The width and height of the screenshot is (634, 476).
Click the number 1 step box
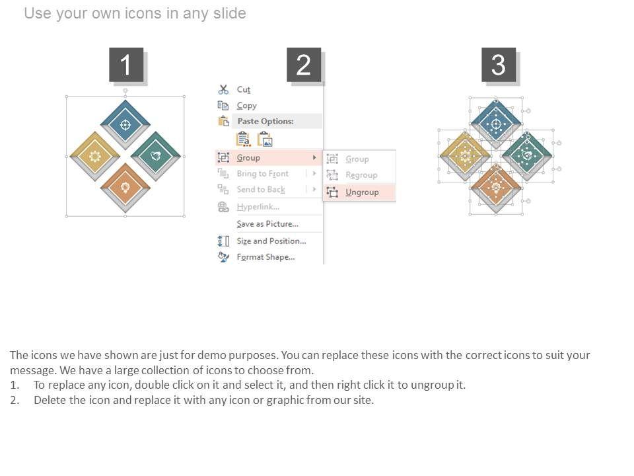[x=126, y=65]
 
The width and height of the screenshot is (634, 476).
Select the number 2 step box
[x=304, y=65]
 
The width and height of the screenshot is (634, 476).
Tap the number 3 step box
[x=499, y=65]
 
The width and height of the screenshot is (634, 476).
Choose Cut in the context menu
[x=244, y=89]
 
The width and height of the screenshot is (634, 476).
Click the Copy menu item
[x=246, y=106]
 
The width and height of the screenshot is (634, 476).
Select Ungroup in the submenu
[x=362, y=192]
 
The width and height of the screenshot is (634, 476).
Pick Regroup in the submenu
[x=361, y=175]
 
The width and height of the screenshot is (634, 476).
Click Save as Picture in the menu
[x=267, y=224]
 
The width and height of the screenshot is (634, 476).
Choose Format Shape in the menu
[x=265, y=257]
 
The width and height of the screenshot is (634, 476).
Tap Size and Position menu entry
[x=271, y=241]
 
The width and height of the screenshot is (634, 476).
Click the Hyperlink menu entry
[x=258, y=207]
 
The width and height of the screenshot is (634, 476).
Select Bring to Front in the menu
[x=263, y=174]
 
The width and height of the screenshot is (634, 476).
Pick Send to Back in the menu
[x=261, y=190]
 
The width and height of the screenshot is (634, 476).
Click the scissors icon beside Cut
[x=223, y=89]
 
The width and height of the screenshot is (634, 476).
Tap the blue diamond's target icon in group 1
[x=125, y=124]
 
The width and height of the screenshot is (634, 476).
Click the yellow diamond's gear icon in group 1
[x=94, y=156]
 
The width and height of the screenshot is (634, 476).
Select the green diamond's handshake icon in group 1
[x=156, y=156]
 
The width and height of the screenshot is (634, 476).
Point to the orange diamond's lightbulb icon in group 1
[x=125, y=187]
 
